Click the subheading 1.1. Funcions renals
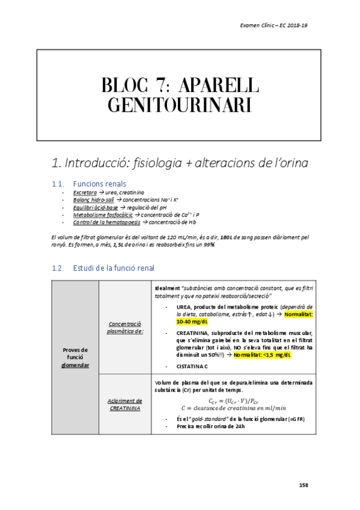coord(99,183)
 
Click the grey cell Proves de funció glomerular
coord(75,356)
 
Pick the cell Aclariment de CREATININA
coord(125,404)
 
